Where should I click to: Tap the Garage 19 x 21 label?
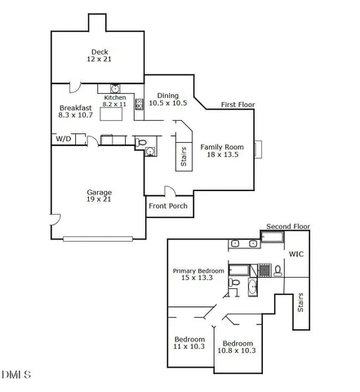point(99,196)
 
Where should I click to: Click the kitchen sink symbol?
point(115,89)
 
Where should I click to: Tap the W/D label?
point(63,140)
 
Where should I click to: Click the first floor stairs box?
point(182,154)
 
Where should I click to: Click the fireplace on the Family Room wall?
point(258,149)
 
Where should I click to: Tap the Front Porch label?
point(167,206)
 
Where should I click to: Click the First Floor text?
point(238,105)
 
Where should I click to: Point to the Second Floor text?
point(289,225)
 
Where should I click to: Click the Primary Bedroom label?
point(199,275)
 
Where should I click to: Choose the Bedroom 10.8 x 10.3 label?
point(237,346)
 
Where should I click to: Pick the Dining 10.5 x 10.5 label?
point(167,99)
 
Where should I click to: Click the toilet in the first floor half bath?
point(144,145)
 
